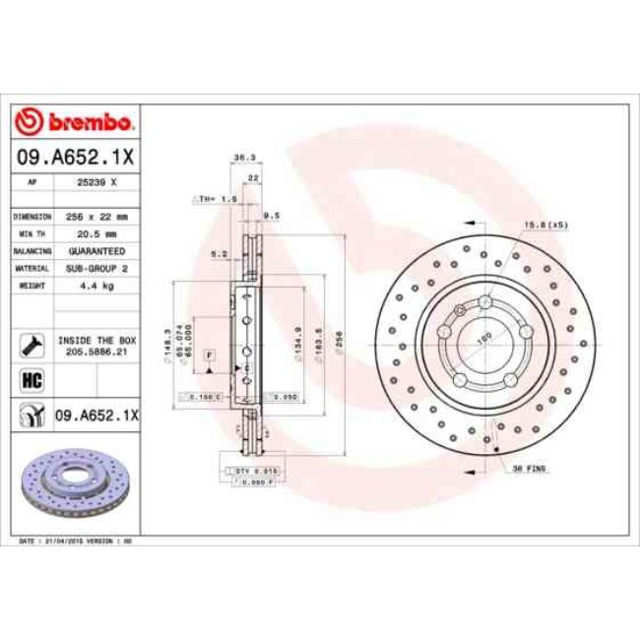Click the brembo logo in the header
(75, 122)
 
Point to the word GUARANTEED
(97, 251)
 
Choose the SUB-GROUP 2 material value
(97, 268)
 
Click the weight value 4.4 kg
(97, 285)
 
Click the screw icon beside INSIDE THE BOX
(30, 343)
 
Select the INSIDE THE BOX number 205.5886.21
(97, 349)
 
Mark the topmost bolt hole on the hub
(484, 299)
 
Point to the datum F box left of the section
(209, 353)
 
